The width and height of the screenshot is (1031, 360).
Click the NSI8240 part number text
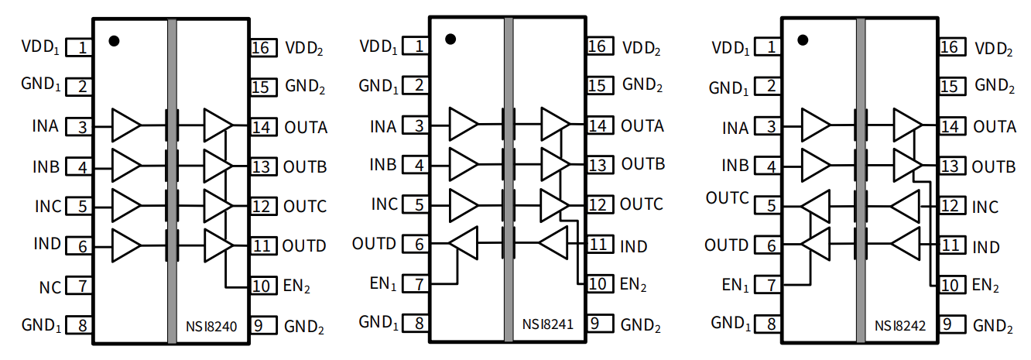point(211,326)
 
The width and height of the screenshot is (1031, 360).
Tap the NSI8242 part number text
point(900,326)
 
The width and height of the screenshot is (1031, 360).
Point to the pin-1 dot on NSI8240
point(114,40)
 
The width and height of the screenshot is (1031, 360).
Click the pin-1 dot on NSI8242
point(803,39)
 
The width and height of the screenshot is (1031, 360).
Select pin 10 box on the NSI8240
point(263,286)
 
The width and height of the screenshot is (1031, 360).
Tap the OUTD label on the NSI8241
point(374,245)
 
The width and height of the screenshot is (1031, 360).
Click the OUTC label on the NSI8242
point(727,198)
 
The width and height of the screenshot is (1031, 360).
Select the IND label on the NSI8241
point(634,246)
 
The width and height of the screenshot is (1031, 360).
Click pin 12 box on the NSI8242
point(953,206)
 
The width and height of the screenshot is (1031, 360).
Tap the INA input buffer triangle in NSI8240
point(126,125)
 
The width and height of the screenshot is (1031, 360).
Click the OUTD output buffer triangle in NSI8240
point(218,245)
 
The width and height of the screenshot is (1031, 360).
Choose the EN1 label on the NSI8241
point(384,283)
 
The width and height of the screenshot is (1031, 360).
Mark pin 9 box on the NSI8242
point(953,325)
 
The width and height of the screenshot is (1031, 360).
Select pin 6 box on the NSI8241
point(419,245)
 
